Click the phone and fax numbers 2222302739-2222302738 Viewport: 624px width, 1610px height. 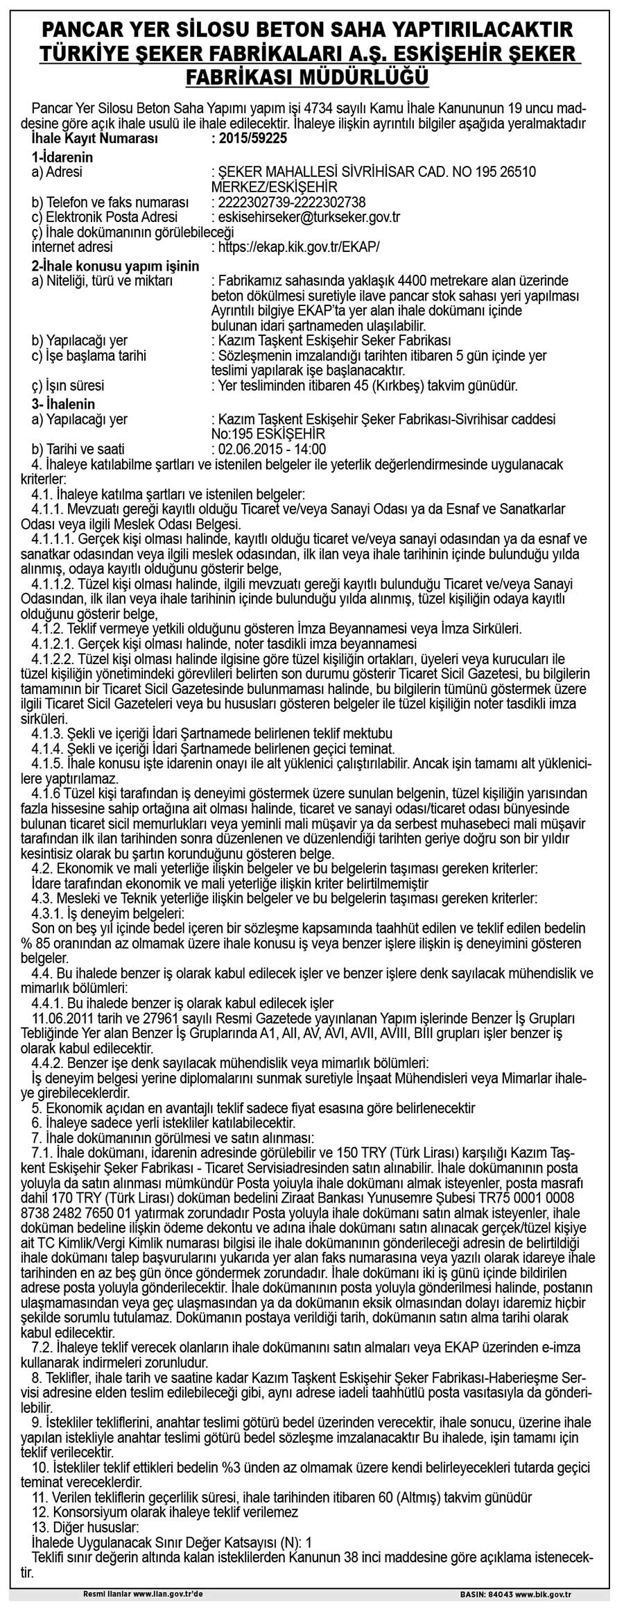click(292, 202)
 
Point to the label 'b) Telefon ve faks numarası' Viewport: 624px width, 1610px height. click(111, 202)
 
